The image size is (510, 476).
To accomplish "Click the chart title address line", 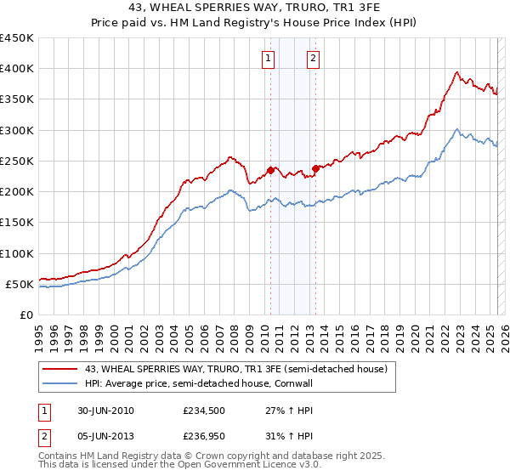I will (x=254, y=8).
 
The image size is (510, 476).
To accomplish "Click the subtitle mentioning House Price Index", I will (x=254, y=23).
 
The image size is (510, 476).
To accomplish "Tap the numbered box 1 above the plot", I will (x=269, y=59).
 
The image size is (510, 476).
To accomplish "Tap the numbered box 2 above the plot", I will (x=313, y=59).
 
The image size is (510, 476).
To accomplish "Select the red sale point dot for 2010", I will (x=271, y=170).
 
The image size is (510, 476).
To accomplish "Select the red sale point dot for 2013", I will (x=315, y=168).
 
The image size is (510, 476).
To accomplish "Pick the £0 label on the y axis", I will (x=25, y=315).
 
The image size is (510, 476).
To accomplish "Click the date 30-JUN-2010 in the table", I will (x=105, y=410).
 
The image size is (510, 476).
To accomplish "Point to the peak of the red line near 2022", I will (x=457, y=72).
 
